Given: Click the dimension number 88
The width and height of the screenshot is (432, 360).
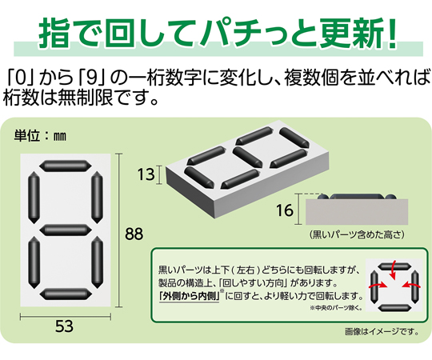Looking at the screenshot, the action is point(134,234).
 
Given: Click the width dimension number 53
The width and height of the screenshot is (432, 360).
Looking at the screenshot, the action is point(65,326).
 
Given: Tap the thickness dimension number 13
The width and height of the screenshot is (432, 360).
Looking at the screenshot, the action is point(146,174).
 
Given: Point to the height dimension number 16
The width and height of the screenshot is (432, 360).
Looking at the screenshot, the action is point(285,210).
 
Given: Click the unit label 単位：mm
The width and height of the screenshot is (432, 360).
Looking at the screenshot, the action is point(40,135).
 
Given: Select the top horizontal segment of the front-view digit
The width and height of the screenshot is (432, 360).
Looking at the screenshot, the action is point(65,166).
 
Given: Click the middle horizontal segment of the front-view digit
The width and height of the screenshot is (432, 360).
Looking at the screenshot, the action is point(65,230).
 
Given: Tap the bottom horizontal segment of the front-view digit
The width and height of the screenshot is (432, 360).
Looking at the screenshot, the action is point(65,294).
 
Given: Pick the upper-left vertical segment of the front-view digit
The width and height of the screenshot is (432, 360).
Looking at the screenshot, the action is point(34,198).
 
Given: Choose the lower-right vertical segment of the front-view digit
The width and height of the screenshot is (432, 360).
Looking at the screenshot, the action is point(97,262).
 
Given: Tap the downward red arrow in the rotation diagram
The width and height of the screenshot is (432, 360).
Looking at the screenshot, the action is point(393,270).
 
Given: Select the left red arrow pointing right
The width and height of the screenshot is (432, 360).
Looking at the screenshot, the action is point(378,286).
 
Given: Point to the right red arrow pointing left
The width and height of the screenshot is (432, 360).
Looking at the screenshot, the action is point(411,286).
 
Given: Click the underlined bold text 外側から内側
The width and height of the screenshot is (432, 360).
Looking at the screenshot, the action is point(190,296).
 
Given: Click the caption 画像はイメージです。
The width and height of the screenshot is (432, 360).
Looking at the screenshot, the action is point(382,332).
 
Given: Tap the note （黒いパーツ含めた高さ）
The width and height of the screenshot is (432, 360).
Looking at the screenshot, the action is point(357,234).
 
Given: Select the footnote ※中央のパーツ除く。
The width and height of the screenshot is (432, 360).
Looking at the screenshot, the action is point(336,308).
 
